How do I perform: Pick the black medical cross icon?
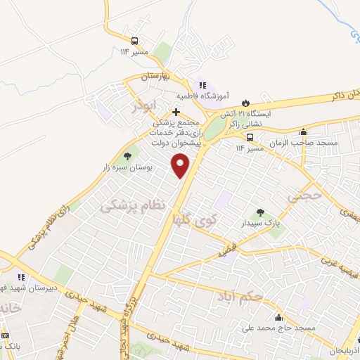pos(176,112)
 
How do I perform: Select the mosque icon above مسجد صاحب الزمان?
pos(303,131)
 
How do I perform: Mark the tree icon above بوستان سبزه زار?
pos(127,157)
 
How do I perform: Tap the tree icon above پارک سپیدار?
pos(260,211)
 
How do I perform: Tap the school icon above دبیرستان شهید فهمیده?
pos(21,276)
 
